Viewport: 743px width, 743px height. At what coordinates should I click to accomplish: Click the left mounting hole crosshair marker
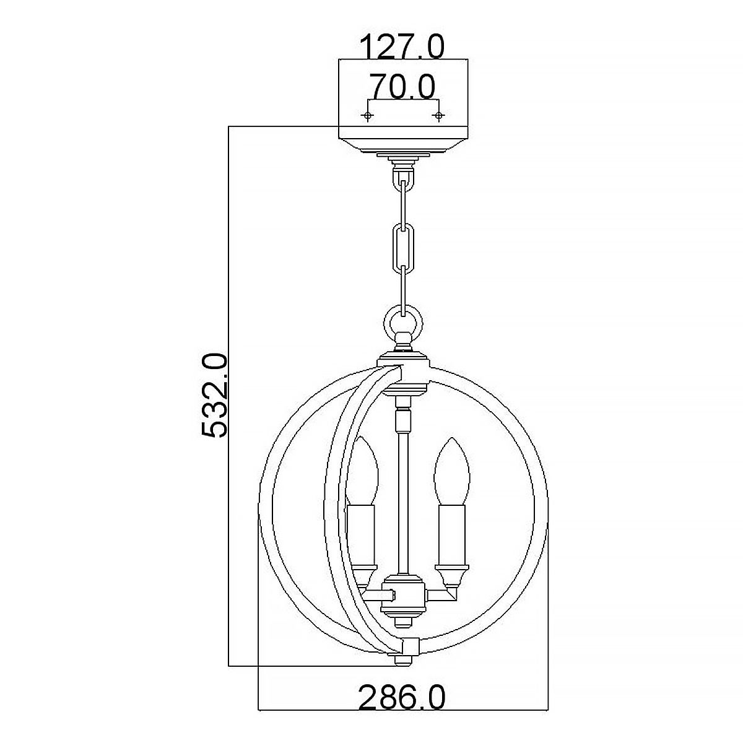point(368,116)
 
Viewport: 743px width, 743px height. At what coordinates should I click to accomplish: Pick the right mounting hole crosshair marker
point(439,116)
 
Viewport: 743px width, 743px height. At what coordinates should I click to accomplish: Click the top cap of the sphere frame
point(404,359)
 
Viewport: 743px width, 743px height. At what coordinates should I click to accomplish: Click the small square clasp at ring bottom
point(409,647)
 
